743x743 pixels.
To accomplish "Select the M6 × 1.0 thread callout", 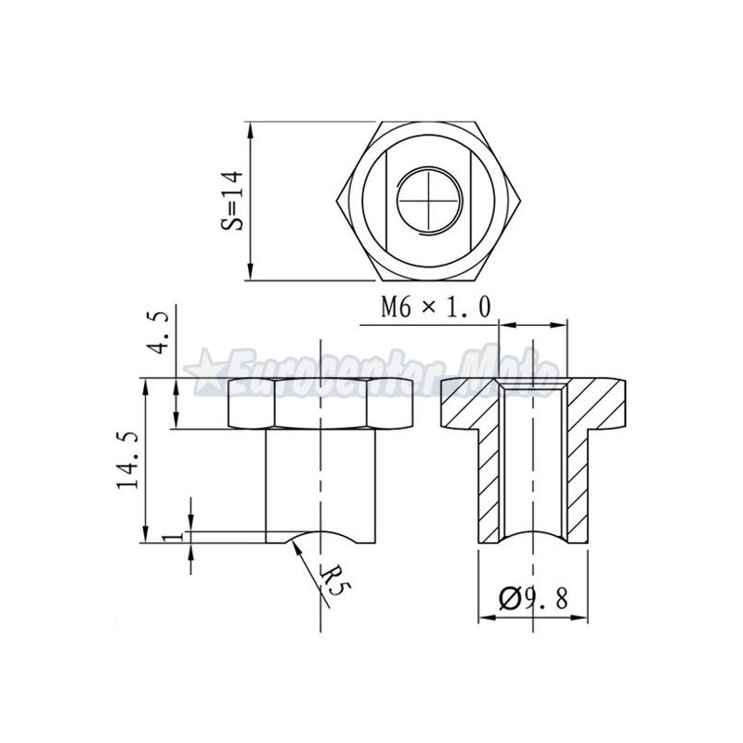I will (435, 307).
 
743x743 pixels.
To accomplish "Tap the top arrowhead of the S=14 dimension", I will (252, 127).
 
